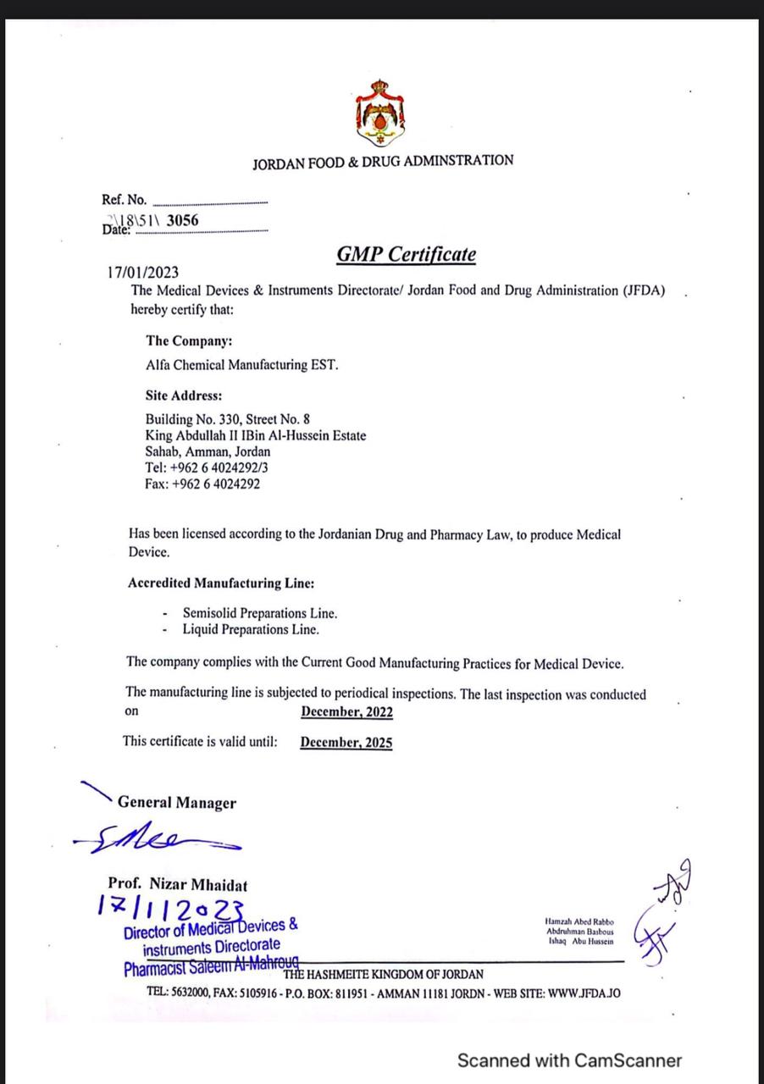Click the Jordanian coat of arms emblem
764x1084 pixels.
tap(379, 113)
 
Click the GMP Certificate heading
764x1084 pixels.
tap(406, 254)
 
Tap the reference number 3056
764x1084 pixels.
tap(183, 221)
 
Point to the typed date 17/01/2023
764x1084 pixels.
tap(143, 272)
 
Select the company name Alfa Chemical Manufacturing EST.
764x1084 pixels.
tap(241, 365)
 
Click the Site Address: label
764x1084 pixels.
tap(184, 395)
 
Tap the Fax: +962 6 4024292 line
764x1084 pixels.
tap(202, 484)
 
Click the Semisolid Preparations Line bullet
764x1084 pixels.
tap(259, 612)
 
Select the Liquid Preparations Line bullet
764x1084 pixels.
tap(251, 629)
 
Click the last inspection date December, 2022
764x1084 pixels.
tap(346, 712)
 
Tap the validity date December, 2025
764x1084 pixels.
tap(346, 743)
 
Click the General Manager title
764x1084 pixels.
tap(177, 803)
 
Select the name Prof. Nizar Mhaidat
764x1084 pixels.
tap(178, 885)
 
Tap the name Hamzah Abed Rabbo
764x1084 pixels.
tap(580, 921)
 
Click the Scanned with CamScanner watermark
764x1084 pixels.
tap(569, 1059)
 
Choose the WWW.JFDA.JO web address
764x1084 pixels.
tap(584, 993)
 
